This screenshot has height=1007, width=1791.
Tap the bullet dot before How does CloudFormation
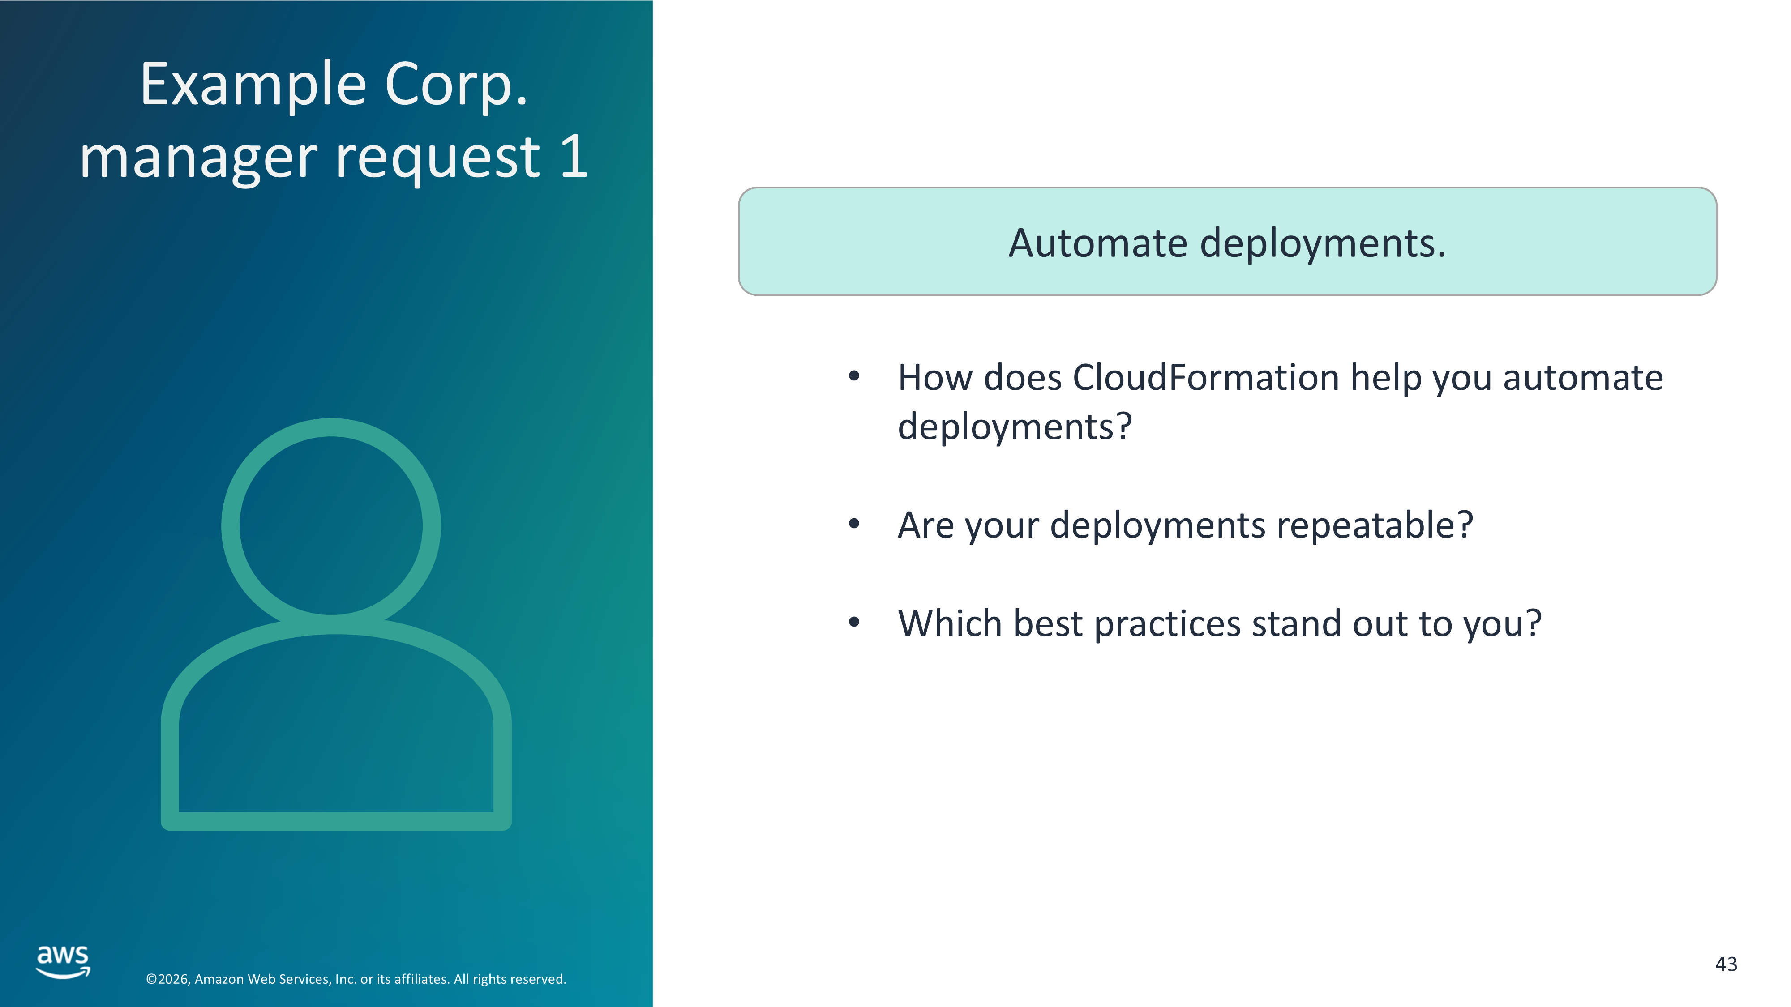(854, 377)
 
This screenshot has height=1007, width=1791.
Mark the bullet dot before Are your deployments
(854, 523)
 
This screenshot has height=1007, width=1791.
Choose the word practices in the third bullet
(1167, 624)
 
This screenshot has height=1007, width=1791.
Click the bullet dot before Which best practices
(854, 622)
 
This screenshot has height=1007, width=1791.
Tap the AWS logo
(63, 962)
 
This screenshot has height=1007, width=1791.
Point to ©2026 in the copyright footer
(167, 979)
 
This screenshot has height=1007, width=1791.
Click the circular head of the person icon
(331, 427)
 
